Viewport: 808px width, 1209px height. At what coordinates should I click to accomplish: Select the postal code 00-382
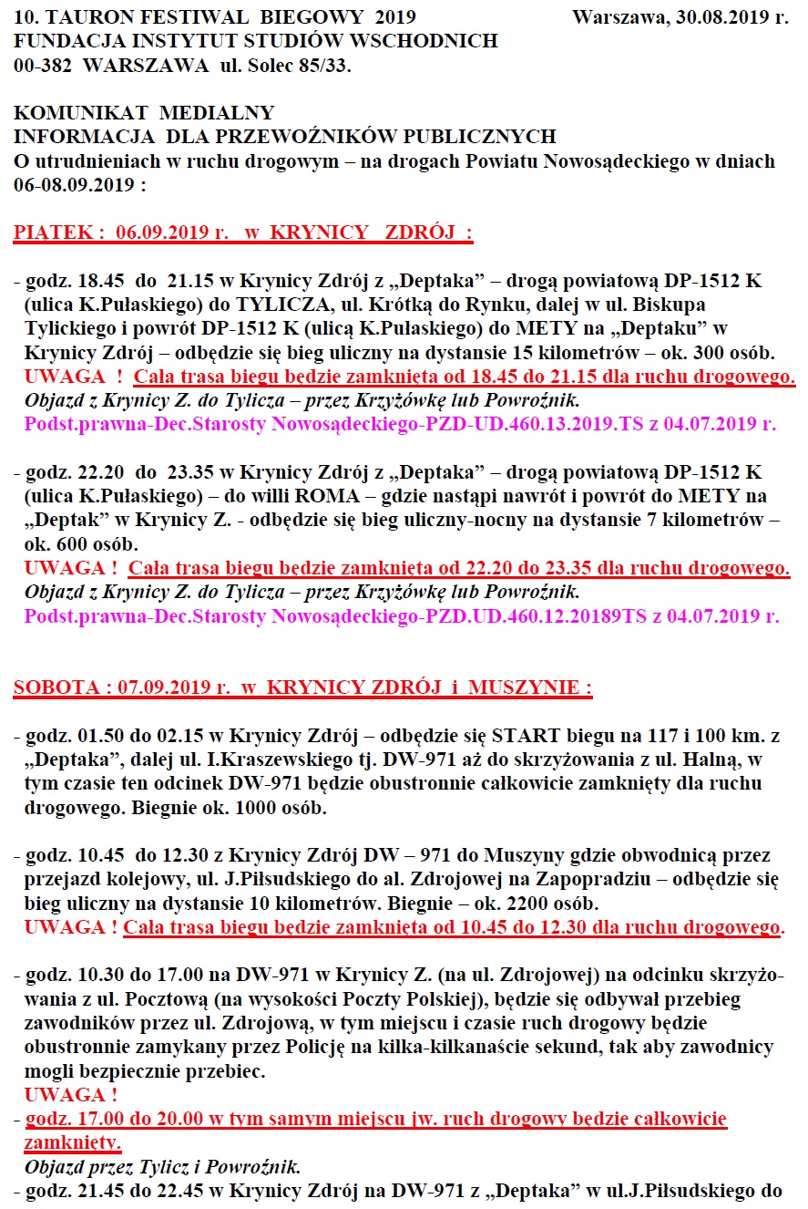(x=42, y=66)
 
